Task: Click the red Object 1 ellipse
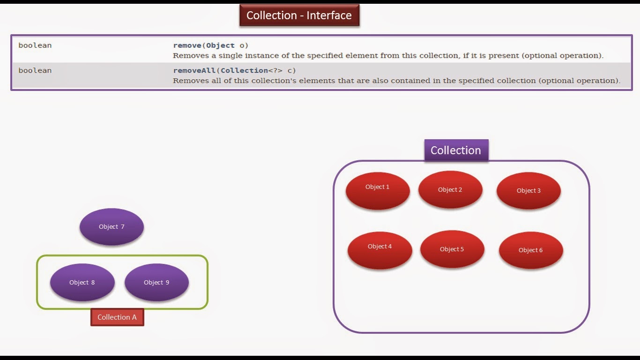(378, 190)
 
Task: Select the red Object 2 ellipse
(450, 189)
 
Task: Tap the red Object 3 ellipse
(528, 191)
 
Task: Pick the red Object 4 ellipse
(380, 250)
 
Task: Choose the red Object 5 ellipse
(452, 249)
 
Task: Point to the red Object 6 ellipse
(531, 250)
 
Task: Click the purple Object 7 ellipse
(112, 227)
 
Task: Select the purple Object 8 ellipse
(82, 282)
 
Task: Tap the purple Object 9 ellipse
(156, 282)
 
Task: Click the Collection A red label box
(117, 317)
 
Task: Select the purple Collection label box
(456, 150)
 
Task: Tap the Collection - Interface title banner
(299, 15)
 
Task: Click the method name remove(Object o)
(211, 45)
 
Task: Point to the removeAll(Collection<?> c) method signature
(234, 70)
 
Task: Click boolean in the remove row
(35, 45)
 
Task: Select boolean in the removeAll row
(35, 70)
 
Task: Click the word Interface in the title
(329, 15)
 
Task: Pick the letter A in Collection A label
(134, 317)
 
